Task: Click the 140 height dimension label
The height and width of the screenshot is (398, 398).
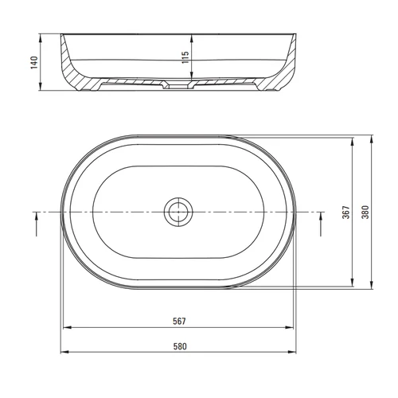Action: pyautogui.click(x=34, y=63)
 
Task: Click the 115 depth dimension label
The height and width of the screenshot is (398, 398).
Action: pyautogui.click(x=185, y=57)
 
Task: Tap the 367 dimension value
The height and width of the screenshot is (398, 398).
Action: pyautogui.click(x=346, y=212)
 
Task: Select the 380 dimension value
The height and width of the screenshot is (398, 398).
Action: pyautogui.click(x=365, y=212)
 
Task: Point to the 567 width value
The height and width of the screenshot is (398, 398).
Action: pyautogui.click(x=179, y=322)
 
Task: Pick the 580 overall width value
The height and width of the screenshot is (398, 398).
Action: pyautogui.click(x=180, y=346)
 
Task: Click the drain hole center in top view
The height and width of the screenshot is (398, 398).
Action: pyautogui.click(x=178, y=212)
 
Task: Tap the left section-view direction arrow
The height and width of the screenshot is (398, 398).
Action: pyautogui.click(x=37, y=224)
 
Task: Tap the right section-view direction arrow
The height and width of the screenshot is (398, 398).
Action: pyautogui.click(x=321, y=224)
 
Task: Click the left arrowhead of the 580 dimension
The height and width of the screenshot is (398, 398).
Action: pyautogui.click(x=64, y=352)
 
